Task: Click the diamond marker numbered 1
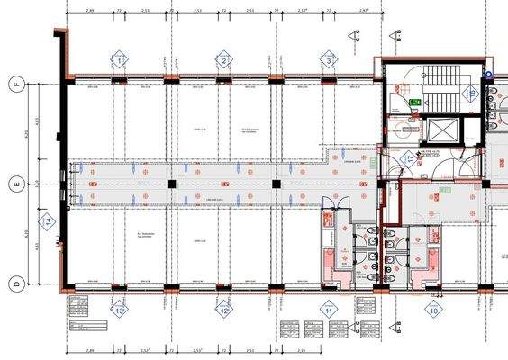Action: pos(120,60)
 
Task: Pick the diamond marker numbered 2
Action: pos(224,60)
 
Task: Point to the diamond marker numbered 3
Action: pos(329,60)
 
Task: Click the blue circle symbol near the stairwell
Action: pos(489,75)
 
